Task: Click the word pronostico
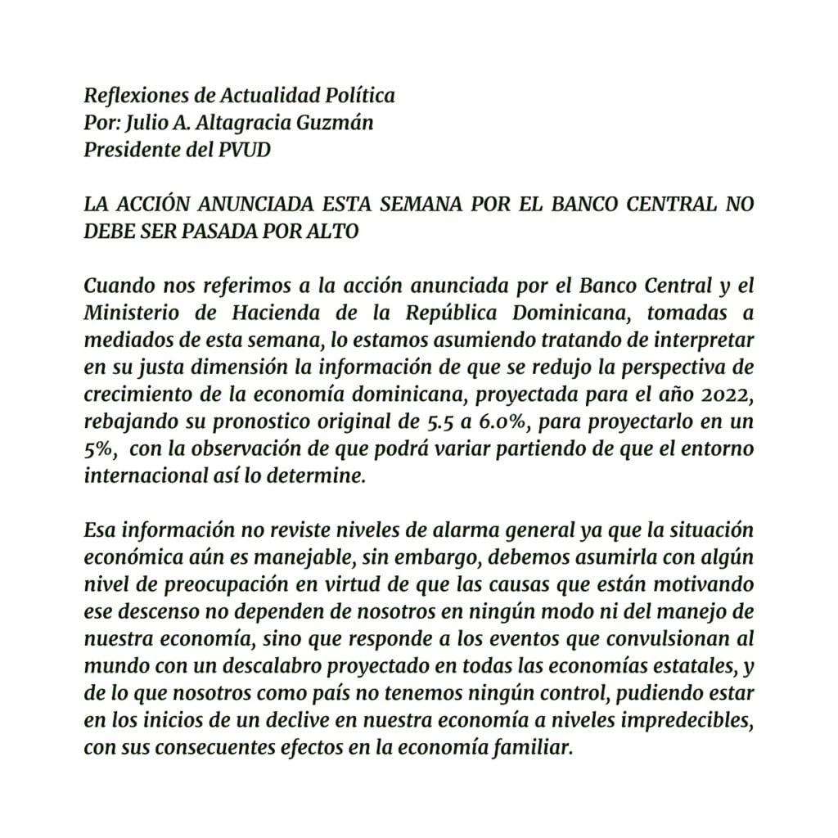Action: (256, 417)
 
